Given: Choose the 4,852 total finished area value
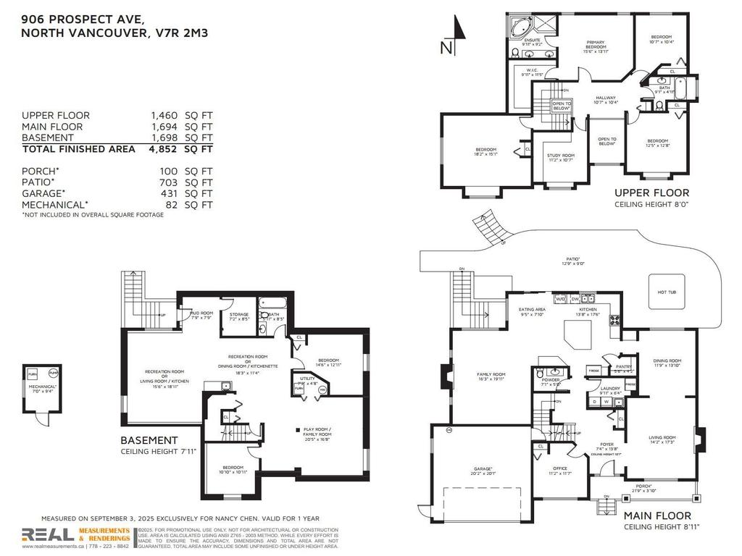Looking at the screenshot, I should pyautogui.click(x=164, y=149).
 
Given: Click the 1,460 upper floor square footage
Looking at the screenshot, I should pyautogui.click(x=164, y=116).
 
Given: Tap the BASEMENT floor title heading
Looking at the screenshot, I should pyautogui.click(x=149, y=440).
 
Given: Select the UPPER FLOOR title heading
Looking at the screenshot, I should pyautogui.click(x=651, y=193).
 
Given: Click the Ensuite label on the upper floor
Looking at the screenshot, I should pyautogui.click(x=533, y=41).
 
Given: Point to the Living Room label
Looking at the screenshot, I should pyautogui.click(x=662, y=439).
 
